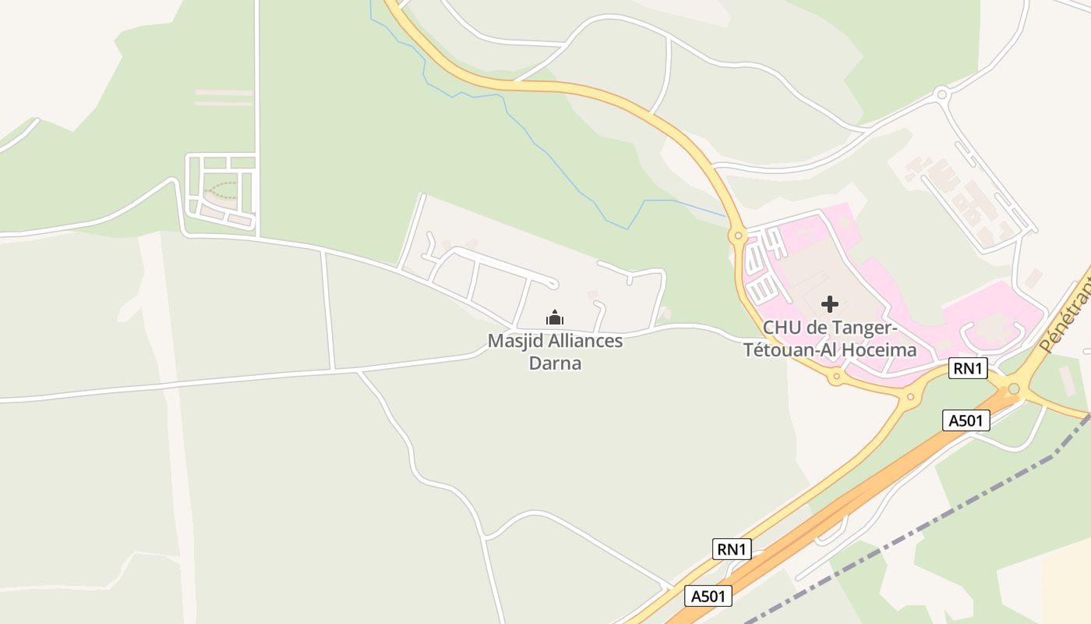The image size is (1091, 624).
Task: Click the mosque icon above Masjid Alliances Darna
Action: point(554,317)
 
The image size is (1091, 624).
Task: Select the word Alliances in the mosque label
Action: point(584,342)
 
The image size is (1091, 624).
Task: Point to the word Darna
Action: point(555,363)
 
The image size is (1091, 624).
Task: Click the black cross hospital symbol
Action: point(830,304)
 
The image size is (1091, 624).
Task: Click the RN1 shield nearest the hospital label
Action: point(967,368)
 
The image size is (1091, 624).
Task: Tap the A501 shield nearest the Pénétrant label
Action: point(966,420)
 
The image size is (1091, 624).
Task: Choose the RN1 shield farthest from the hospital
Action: point(732,549)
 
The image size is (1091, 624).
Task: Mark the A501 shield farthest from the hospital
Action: point(709,597)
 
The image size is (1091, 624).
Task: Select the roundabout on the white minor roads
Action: point(941,95)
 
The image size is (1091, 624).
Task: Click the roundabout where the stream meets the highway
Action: point(736,234)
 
